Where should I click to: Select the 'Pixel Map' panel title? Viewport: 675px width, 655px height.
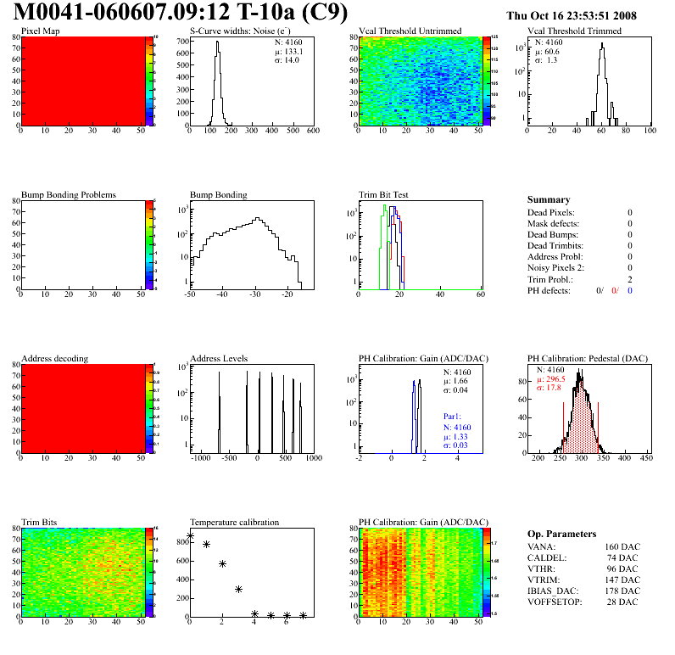[x=40, y=31]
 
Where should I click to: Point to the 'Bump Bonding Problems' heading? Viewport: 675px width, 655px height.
[x=68, y=194]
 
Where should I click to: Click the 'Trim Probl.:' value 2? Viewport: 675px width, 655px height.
[x=630, y=279]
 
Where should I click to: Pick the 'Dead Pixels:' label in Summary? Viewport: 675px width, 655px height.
[x=551, y=212]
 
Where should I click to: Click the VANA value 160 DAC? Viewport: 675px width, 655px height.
[x=622, y=547]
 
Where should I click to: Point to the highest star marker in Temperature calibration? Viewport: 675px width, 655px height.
[x=190, y=536]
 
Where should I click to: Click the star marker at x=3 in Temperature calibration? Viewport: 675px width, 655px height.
[x=238, y=589]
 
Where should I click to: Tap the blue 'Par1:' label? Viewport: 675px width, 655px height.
[x=455, y=417]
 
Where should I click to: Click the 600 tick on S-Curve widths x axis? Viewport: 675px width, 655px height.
[x=312, y=132]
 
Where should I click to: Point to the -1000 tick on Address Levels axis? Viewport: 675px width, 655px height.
[x=200, y=458]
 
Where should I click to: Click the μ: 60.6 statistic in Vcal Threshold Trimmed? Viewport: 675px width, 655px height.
[x=546, y=51]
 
